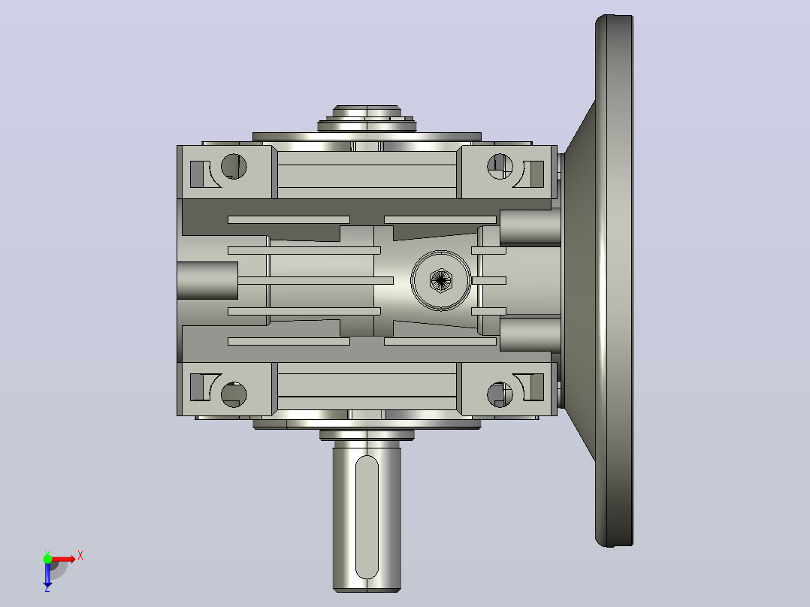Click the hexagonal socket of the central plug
click(440, 280)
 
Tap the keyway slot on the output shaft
click(367, 517)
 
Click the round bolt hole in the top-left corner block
click(234, 166)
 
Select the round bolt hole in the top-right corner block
click(500, 166)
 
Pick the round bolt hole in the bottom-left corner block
click(234, 394)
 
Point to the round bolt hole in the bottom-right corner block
click(500, 394)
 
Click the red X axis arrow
click(64, 559)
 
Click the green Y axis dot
click(47, 558)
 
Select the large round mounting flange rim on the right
click(614, 280)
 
